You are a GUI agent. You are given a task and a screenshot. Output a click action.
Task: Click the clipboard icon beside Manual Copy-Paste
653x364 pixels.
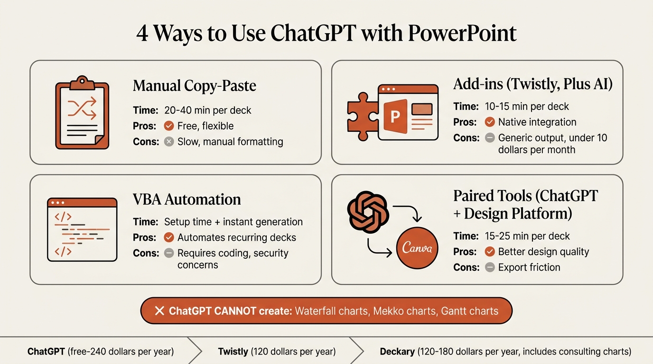point(82,112)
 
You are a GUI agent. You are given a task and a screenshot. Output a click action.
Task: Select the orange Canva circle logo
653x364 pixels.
point(417,248)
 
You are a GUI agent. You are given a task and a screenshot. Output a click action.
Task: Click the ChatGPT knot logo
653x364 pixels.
point(368,210)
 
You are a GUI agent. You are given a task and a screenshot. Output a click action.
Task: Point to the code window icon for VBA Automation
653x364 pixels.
point(82,229)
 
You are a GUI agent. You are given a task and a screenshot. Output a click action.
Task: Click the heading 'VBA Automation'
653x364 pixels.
point(187,200)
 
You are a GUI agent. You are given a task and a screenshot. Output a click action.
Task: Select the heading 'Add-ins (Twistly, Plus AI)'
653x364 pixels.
point(533,84)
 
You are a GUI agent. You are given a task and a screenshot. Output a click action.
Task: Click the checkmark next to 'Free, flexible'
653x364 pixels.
point(168,126)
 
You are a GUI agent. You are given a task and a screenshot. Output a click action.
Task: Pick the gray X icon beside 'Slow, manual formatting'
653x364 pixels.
point(168,142)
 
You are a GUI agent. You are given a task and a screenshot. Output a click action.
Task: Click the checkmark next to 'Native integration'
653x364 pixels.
point(490,122)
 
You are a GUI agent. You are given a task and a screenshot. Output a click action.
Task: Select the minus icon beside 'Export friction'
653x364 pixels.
point(490,267)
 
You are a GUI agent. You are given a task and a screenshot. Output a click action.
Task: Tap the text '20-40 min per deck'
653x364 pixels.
point(207,110)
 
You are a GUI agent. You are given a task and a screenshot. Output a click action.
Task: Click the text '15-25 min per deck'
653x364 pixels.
point(527,236)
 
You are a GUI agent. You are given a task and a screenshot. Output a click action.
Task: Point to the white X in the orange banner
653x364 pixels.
point(159,311)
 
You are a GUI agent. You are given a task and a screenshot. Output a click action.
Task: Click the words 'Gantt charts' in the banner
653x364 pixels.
point(470,311)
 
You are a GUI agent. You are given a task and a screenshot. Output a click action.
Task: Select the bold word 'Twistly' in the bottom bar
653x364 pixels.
point(233,352)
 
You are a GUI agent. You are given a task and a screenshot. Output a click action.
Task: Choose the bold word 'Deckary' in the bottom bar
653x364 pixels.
point(398,352)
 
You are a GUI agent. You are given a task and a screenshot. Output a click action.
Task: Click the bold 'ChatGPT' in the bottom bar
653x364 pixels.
point(46,352)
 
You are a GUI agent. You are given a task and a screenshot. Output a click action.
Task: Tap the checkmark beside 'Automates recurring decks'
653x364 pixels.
point(168,237)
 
